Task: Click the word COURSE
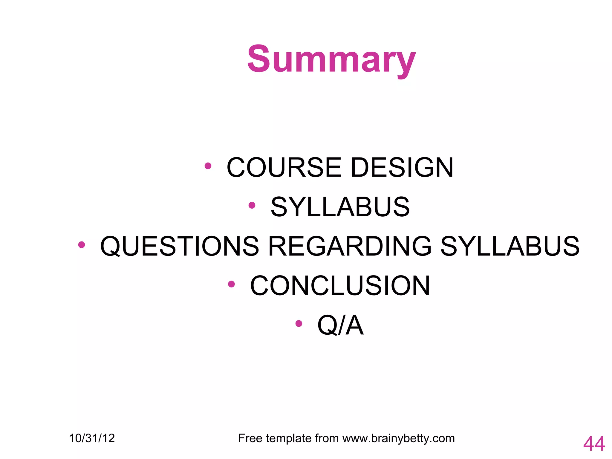point(284,168)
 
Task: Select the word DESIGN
point(402,168)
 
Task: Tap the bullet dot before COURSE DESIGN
point(208,166)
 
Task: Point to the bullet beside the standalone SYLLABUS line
point(252,205)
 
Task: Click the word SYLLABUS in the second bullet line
point(340,207)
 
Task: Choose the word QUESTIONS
point(180,247)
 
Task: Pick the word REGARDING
point(350,247)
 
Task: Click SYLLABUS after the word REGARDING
point(510,247)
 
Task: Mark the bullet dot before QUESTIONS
point(81,245)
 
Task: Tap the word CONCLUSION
point(340,286)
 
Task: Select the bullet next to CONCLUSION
point(231,284)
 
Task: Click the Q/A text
point(340,325)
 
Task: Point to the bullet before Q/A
point(299,323)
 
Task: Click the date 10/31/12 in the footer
point(92,438)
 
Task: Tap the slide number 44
point(594,444)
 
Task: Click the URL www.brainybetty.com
point(398,438)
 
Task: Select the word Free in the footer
point(250,438)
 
